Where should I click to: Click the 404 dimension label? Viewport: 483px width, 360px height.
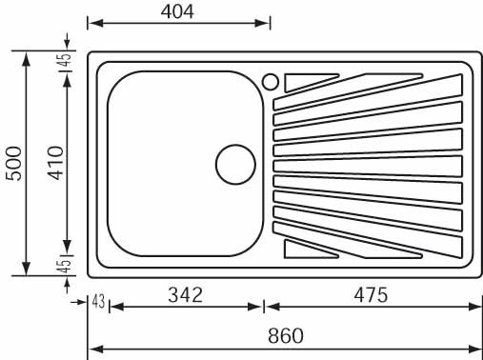tap(177, 12)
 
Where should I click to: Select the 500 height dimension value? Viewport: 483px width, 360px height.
tap(14, 163)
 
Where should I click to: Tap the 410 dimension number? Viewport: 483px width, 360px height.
tap(56, 163)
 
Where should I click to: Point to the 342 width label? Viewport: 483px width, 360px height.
tap(185, 294)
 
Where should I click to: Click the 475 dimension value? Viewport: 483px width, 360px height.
tap(371, 295)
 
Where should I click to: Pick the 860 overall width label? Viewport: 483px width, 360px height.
tap(286, 335)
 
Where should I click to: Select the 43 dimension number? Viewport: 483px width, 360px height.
tap(98, 301)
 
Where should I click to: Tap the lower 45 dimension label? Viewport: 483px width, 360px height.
tap(65, 266)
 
